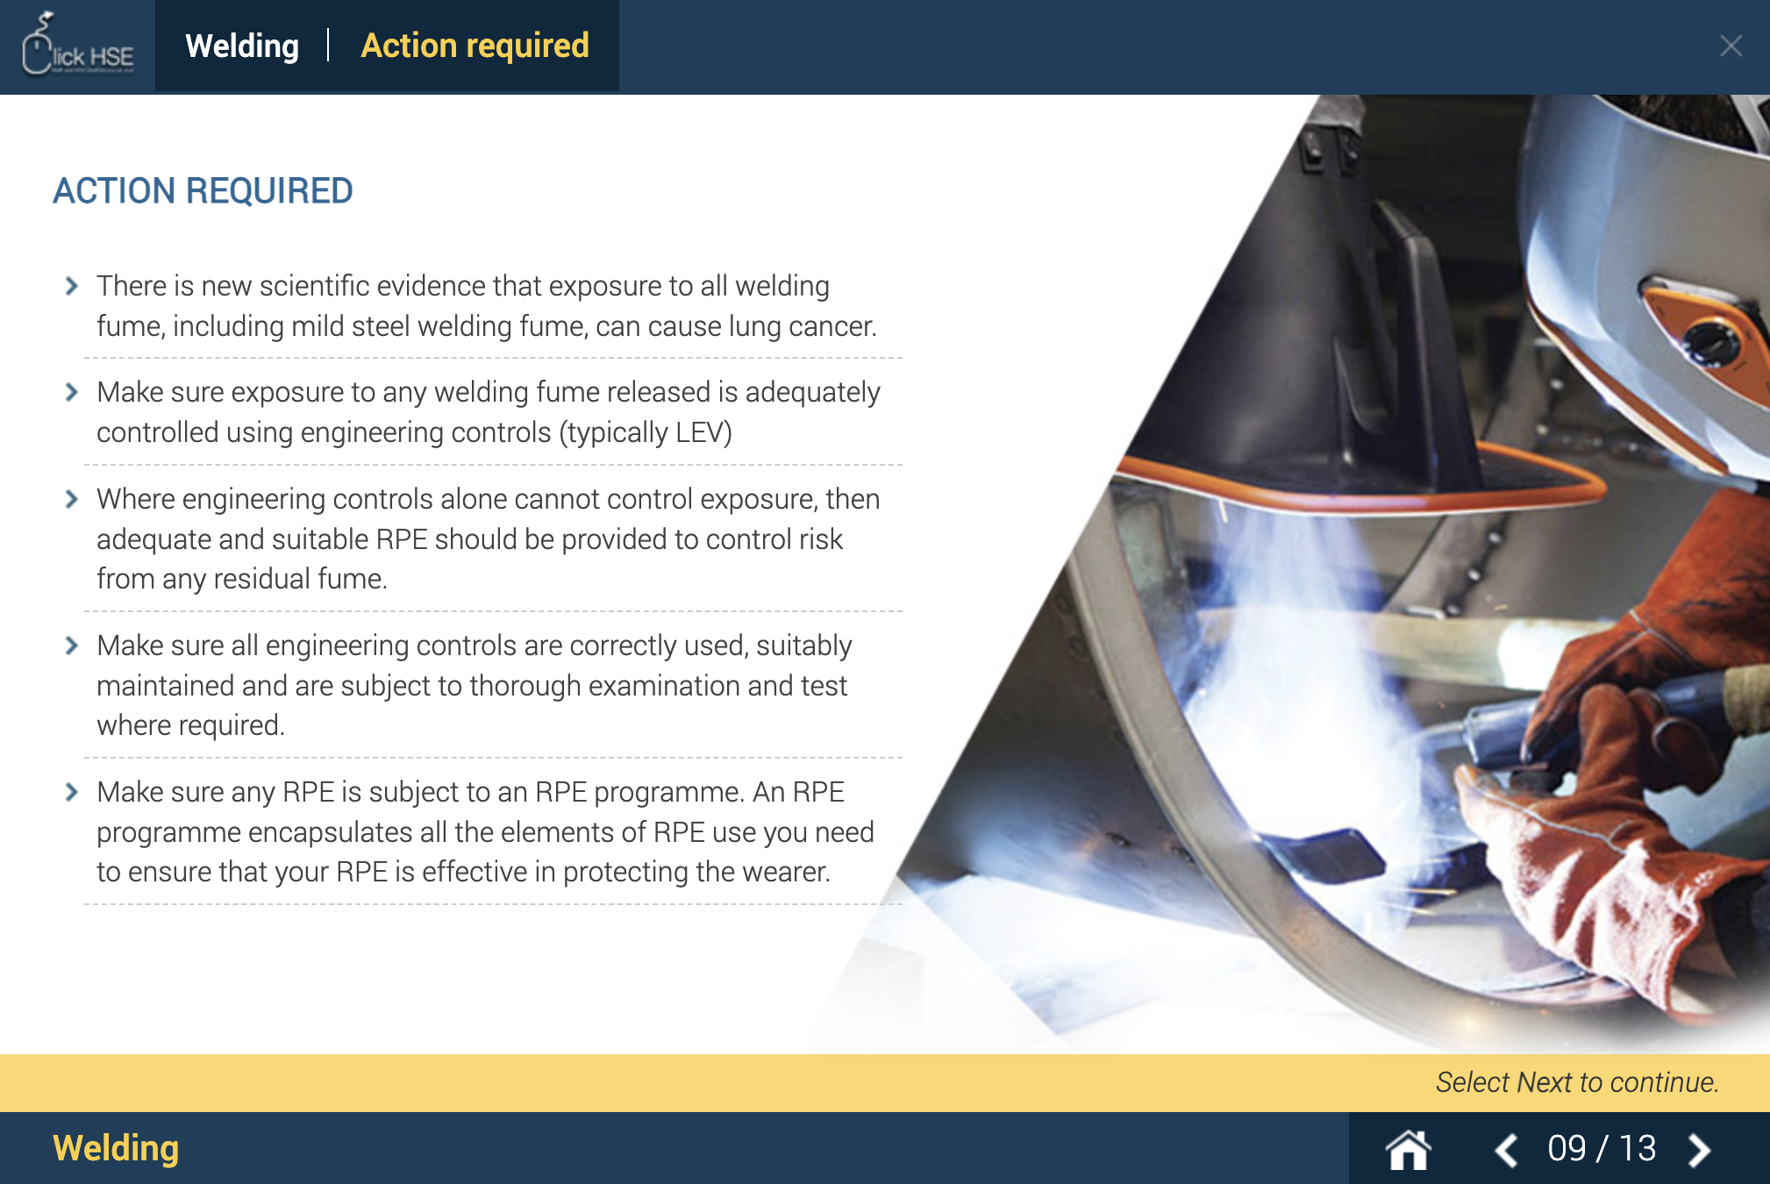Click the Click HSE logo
[x=77, y=46]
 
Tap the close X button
[x=1731, y=46]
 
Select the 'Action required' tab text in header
[x=475, y=46]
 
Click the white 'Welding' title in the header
[x=242, y=46]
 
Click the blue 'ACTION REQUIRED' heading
[x=203, y=190]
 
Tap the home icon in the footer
[x=1408, y=1149]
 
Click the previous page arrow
[x=1506, y=1149]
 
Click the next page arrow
[x=1699, y=1149]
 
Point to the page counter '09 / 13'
[x=1602, y=1149]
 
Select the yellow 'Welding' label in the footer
[x=116, y=1148]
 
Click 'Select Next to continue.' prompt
[x=1576, y=1082]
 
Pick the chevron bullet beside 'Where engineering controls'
[x=72, y=499]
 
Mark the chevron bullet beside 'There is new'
[x=72, y=286]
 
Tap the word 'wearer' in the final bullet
[x=783, y=872]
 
